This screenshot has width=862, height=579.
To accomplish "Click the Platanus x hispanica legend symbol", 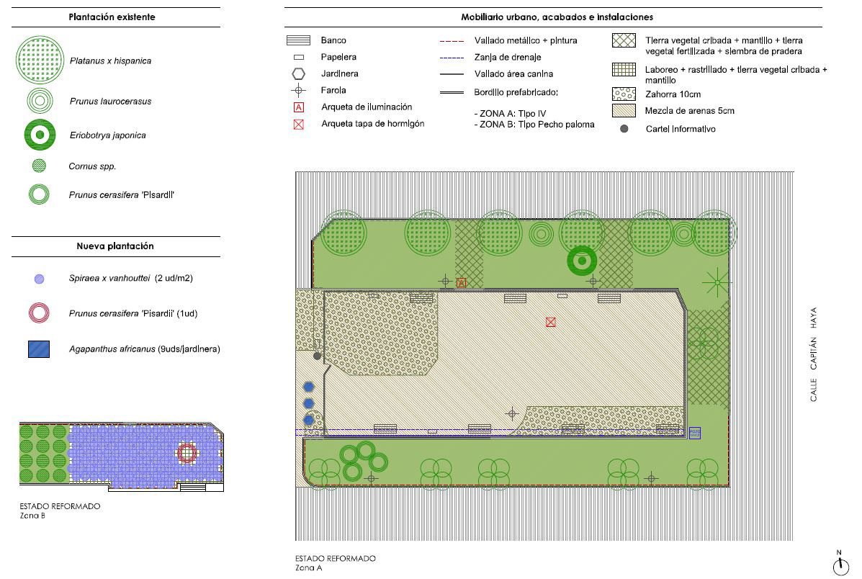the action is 40,60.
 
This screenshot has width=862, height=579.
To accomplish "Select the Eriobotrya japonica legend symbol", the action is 40,135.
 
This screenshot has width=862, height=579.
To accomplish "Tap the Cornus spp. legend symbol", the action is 39,166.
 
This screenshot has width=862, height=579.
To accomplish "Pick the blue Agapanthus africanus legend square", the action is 39,349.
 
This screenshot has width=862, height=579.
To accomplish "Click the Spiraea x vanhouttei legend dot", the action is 39,279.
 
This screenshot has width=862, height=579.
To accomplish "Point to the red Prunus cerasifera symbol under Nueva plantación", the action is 39,313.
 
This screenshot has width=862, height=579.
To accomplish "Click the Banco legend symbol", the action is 299,40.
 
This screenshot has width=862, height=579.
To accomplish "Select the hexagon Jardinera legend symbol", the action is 299,73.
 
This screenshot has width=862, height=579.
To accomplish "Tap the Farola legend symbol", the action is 299,91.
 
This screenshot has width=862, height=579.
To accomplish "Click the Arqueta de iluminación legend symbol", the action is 299,107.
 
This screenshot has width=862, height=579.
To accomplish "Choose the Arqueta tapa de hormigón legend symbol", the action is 299,125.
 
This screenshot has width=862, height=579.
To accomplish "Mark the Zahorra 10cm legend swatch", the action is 624,94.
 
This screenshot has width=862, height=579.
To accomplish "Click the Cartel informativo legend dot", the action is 624,129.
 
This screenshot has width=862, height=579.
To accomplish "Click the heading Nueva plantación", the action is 115,246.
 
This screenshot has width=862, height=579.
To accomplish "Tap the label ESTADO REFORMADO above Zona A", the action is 336,558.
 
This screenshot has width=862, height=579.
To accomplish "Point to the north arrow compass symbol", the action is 840,564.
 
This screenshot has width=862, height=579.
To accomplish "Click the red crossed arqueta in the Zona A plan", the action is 551,322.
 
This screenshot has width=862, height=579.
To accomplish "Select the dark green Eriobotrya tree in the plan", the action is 582,261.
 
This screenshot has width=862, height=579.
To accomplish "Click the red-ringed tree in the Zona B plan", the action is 187,454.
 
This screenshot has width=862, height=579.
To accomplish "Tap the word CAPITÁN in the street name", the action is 813,354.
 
